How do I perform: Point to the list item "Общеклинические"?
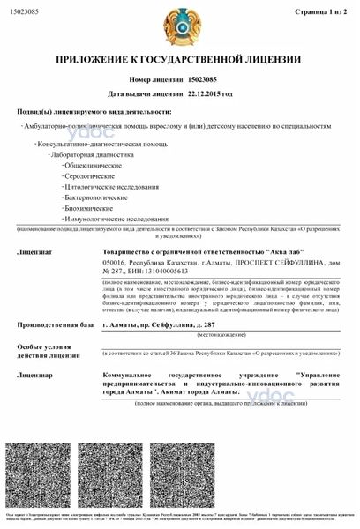91,165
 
